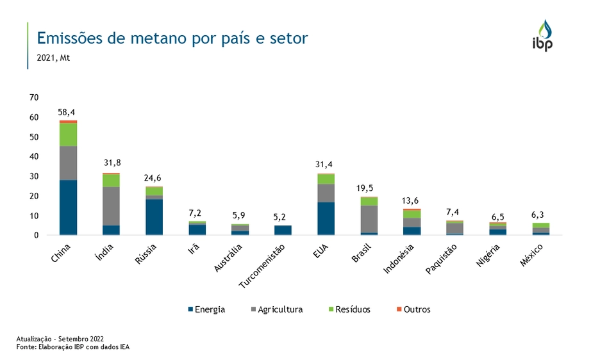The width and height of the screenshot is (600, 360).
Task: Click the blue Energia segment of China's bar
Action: click(x=68, y=208)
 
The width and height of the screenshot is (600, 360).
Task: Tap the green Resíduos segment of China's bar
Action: click(x=68, y=135)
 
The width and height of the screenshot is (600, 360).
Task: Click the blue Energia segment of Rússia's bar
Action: click(x=154, y=217)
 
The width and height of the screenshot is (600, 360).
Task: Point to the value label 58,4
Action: click(x=67, y=112)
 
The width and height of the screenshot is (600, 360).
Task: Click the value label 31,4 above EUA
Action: click(x=325, y=165)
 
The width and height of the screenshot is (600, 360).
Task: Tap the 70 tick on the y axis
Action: click(x=34, y=97)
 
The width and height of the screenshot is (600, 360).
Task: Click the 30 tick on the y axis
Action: click(x=34, y=176)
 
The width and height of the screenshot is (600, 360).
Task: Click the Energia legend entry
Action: click(x=206, y=309)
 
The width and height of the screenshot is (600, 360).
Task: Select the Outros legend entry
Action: click(x=413, y=309)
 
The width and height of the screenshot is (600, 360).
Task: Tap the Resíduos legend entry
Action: click(x=349, y=309)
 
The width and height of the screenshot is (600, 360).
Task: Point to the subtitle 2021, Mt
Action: click(x=53, y=58)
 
